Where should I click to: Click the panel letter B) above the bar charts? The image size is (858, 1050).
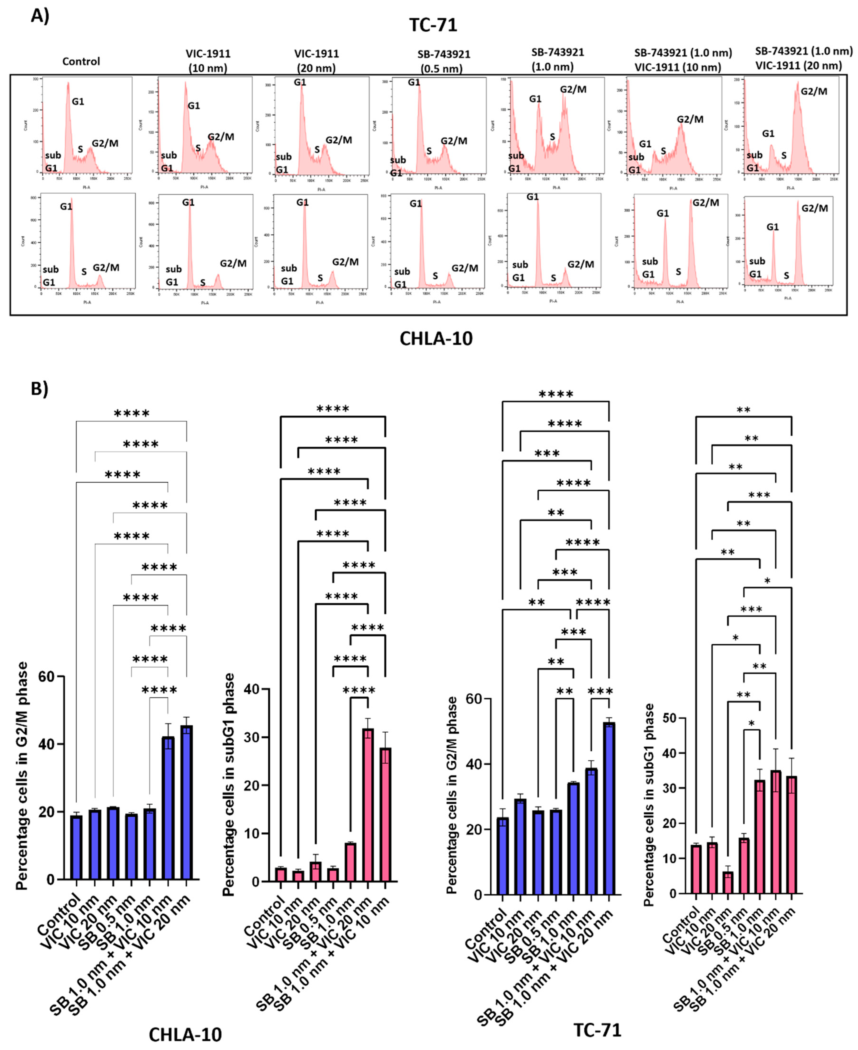[39, 389]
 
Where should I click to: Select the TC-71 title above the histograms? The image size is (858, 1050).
[433, 25]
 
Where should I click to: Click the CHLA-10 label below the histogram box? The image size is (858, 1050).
[436, 339]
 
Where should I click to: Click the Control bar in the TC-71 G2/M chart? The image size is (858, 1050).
[502, 856]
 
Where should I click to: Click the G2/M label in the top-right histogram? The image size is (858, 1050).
[814, 91]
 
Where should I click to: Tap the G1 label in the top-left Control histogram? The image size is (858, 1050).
[78, 102]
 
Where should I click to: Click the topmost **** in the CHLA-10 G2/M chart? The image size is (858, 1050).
[132, 414]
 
